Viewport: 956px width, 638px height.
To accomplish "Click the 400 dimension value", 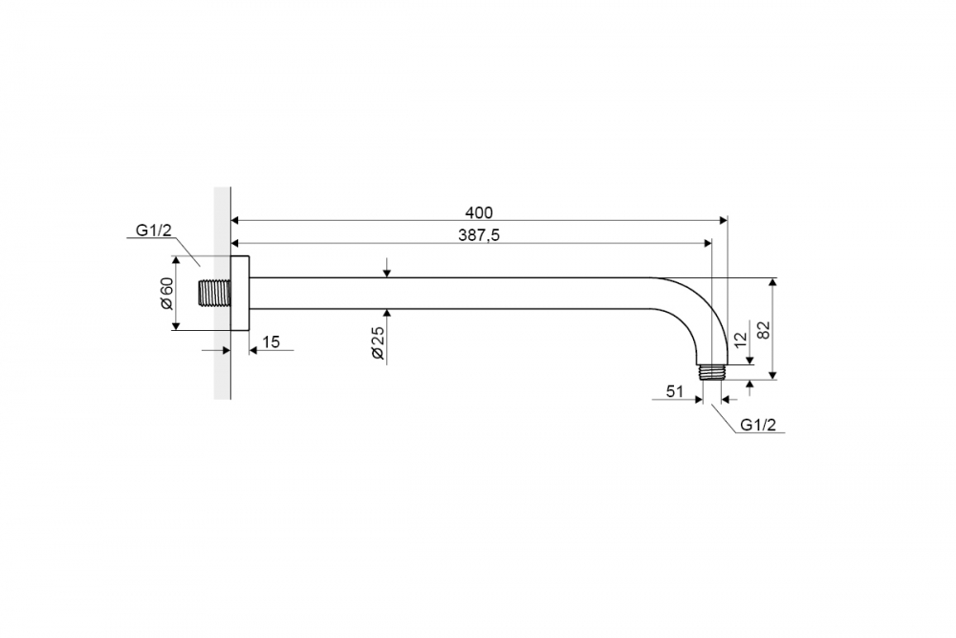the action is point(479,212).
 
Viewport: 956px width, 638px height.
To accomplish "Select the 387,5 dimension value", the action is point(479,235).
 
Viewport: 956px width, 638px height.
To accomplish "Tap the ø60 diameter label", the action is point(167,294).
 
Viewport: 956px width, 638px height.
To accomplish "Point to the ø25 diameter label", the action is point(378,342).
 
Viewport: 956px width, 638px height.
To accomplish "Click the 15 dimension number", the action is point(271,341).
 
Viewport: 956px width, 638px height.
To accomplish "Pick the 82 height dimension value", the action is point(763,330).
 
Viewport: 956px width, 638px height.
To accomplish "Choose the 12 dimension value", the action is point(740,340).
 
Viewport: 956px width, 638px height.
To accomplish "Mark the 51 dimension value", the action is point(674,391).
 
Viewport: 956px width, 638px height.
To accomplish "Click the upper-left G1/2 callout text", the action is point(154,230).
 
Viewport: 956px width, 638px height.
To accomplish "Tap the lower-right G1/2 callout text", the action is point(758,425).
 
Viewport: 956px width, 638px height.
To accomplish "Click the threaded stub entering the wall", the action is point(215,294).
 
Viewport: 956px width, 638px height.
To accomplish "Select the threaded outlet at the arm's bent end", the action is point(712,371).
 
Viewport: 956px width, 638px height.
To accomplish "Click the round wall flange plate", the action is point(240,294).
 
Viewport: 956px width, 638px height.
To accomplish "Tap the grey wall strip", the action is point(222,294).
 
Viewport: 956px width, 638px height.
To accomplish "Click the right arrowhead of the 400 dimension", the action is point(724,220).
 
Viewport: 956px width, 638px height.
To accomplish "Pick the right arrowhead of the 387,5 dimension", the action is point(707,243).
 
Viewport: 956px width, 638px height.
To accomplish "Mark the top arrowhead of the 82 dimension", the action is point(773,282).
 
